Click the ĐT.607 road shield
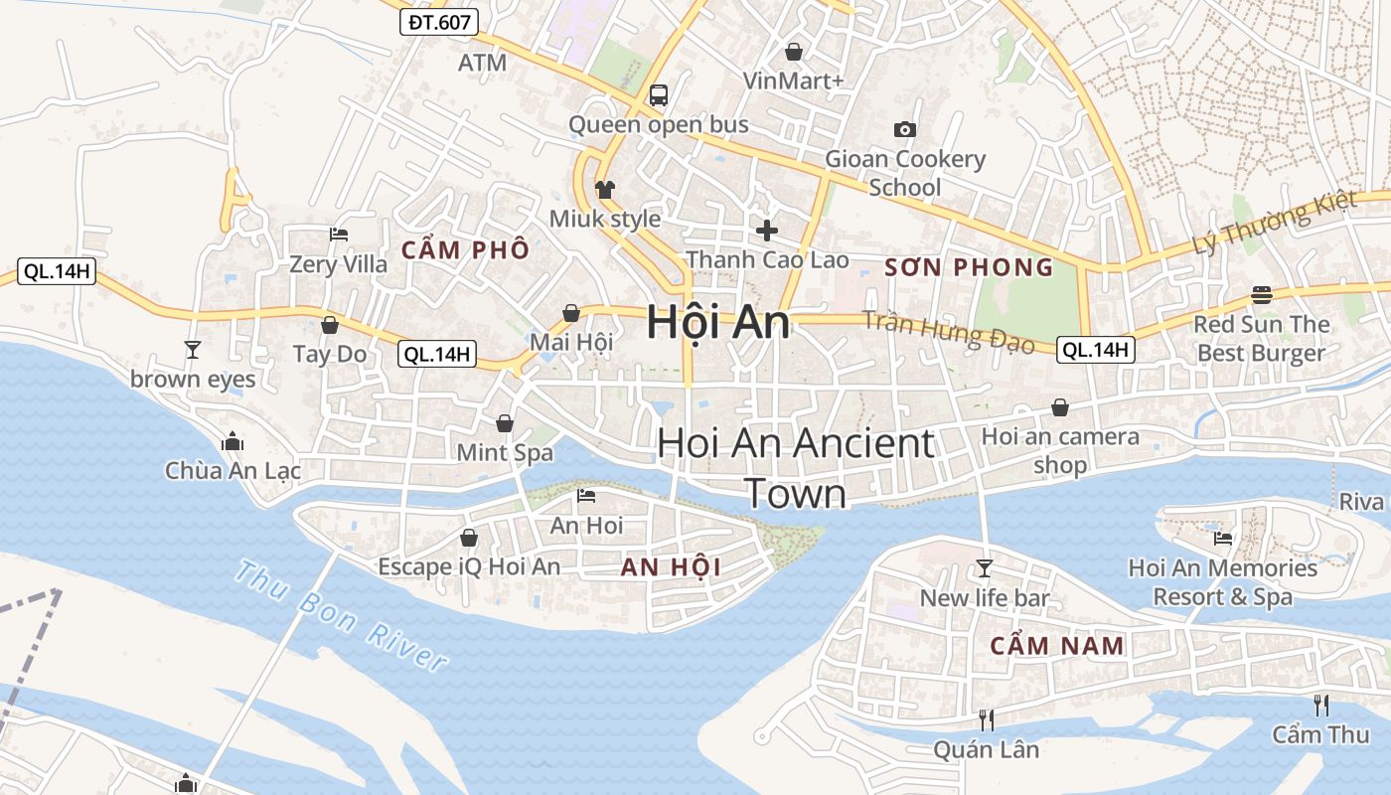coord(439,22)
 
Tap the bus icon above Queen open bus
coord(658,95)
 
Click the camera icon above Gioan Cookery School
coord(904,129)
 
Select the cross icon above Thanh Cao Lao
coord(767,231)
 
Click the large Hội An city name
coord(717,322)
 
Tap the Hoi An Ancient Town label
coord(795,468)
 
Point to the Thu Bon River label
coord(341,616)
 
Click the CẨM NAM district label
coord(1057,646)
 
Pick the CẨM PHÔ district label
coord(465,249)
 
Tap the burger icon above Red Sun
coord(1262,295)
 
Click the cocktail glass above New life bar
coord(985,568)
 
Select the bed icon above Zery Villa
coord(339,236)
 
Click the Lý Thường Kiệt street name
coord(1275,221)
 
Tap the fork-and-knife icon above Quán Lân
coord(986,719)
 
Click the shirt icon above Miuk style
coord(604,189)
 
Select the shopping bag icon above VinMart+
coord(794,52)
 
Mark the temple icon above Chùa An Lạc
coord(232,441)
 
